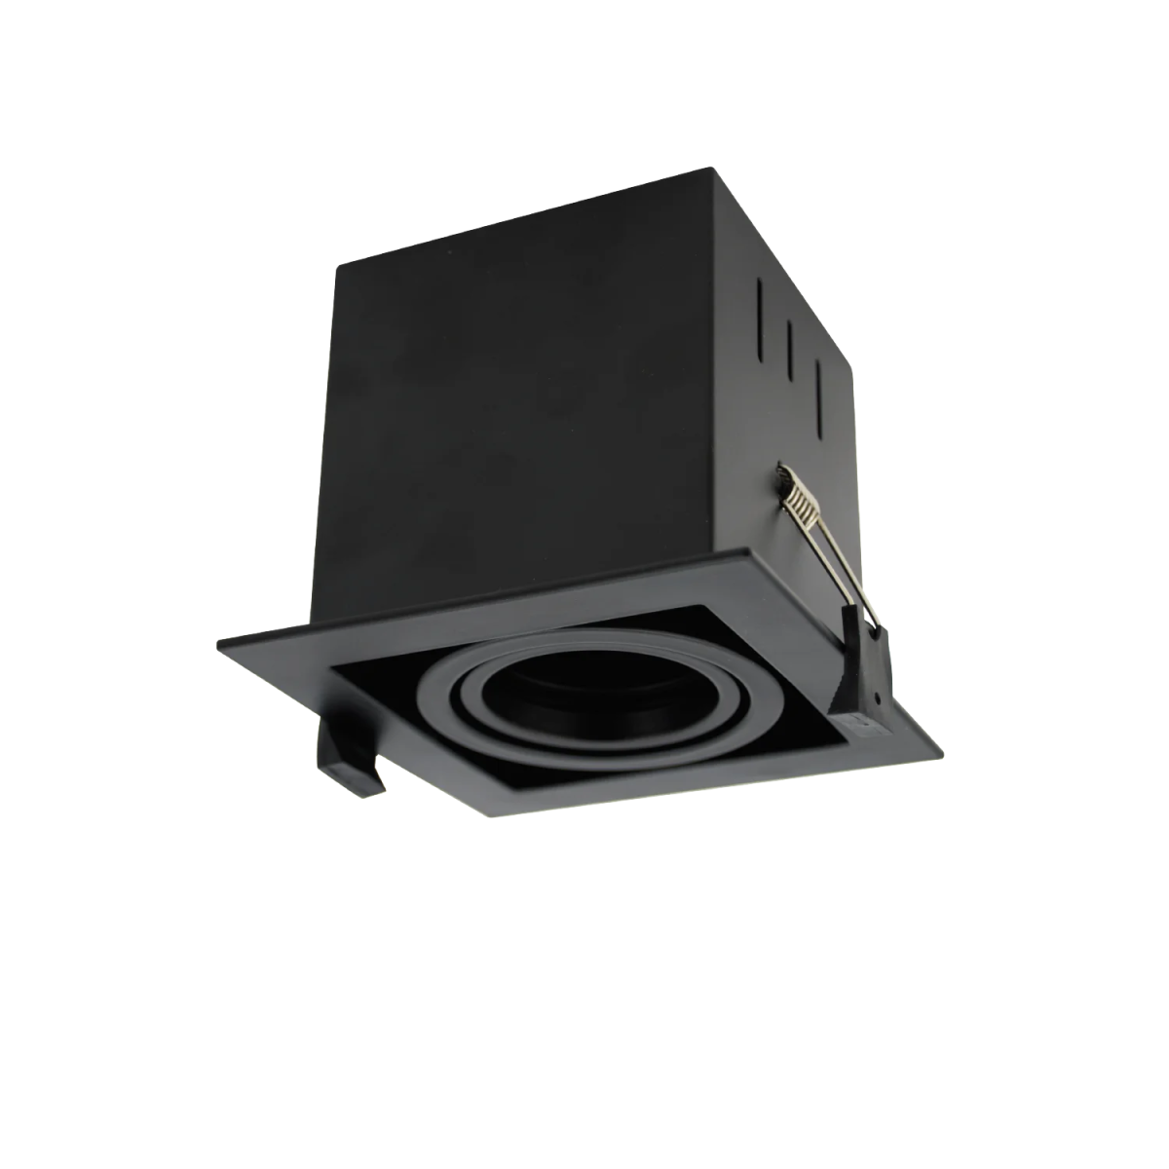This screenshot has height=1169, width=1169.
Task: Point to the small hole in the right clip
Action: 878,699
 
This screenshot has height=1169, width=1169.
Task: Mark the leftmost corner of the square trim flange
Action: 218,641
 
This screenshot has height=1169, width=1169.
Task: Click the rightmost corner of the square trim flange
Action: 943,750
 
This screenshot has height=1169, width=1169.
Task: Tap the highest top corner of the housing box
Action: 719,169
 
